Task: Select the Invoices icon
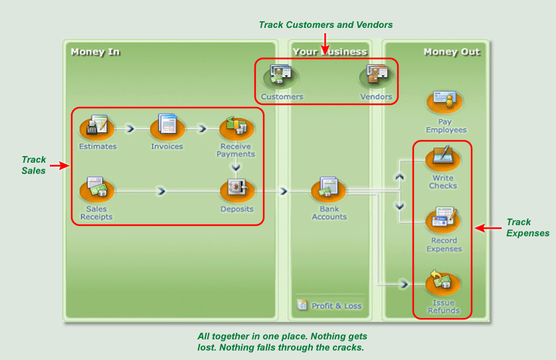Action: click(167, 126)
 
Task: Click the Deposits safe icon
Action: click(237, 189)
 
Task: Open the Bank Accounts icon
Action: click(329, 189)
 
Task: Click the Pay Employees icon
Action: click(446, 101)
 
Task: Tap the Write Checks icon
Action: click(442, 157)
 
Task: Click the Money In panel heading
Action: click(95, 52)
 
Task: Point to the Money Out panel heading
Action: click(452, 52)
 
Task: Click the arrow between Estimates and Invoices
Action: click(130, 128)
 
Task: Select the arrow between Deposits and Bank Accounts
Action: click(284, 191)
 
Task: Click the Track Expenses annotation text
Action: click(527, 228)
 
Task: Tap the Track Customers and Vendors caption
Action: click(325, 25)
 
